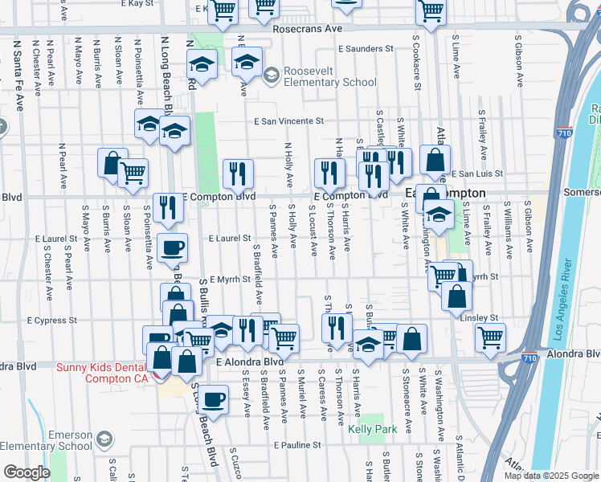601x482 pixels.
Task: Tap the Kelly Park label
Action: [x=373, y=429]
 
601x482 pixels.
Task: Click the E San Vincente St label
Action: [x=288, y=122]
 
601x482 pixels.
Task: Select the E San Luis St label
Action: [x=476, y=174]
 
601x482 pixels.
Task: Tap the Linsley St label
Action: [x=480, y=317]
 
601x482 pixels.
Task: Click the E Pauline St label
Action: [x=296, y=444]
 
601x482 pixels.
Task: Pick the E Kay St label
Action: [x=137, y=4]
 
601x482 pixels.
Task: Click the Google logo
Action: [x=27, y=472]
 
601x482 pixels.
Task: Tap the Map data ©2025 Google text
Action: [x=551, y=476]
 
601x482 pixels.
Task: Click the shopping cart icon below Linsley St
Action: [x=490, y=337]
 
